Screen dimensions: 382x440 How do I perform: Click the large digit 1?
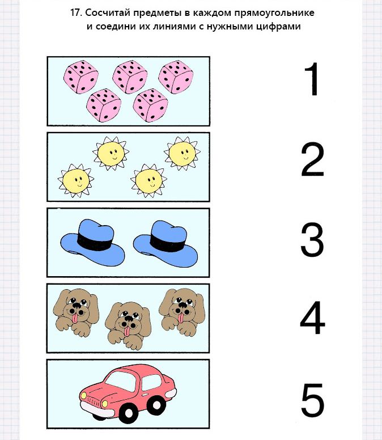(313, 79)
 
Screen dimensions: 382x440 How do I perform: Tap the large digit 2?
(312, 159)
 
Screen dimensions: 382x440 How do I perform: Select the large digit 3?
(312, 239)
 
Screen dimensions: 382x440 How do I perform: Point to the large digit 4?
(312, 318)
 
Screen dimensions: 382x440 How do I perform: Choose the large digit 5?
(313, 400)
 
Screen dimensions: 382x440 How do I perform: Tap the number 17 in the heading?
(75, 13)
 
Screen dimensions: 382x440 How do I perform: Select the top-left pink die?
(81, 77)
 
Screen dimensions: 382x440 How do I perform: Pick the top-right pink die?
(176, 77)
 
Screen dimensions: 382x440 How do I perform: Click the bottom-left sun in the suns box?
(76, 180)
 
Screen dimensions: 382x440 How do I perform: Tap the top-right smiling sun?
(182, 154)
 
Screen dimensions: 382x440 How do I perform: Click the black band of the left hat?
(95, 241)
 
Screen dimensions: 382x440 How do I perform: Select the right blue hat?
(165, 244)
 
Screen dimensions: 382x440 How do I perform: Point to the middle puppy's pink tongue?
(128, 331)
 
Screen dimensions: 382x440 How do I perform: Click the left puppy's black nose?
(74, 306)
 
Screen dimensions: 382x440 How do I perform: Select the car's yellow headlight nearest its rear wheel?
(104, 404)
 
